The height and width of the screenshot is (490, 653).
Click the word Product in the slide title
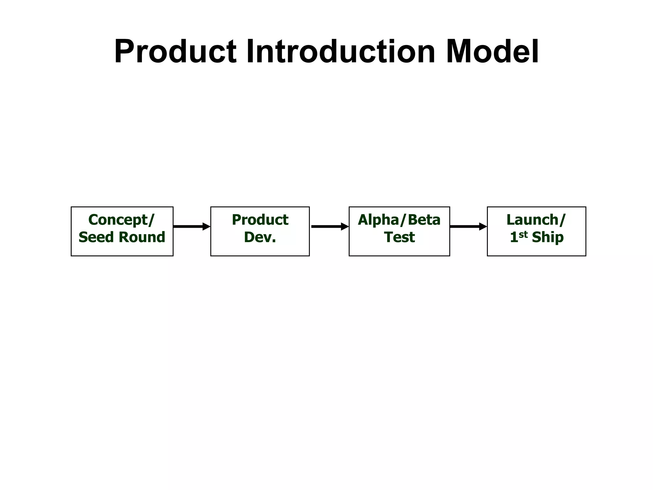pos(175,52)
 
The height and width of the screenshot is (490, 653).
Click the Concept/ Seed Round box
pos(122,231)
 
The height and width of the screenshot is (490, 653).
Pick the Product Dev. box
pos(260,231)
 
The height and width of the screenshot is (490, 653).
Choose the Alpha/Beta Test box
pos(399,231)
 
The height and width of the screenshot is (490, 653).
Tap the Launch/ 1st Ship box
pos(536,231)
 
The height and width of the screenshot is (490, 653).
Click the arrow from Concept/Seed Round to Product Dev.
pos(192,226)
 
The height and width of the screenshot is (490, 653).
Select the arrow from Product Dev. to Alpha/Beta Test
pos(329,226)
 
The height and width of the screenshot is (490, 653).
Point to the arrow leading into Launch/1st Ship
pos(468,226)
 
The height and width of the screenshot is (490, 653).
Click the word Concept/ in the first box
pos(121,220)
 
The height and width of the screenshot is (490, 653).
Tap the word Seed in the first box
pos(96,237)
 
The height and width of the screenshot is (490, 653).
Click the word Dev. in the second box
pos(260,237)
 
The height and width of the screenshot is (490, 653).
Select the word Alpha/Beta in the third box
pos(399,220)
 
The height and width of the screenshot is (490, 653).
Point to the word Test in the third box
pos(399,237)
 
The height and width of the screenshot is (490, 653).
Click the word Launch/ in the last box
pos(536,220)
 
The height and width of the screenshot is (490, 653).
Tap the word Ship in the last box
pos(547,237)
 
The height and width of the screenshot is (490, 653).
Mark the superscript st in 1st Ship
pos(523,234)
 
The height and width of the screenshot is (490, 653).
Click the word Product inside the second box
pos(260,220)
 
